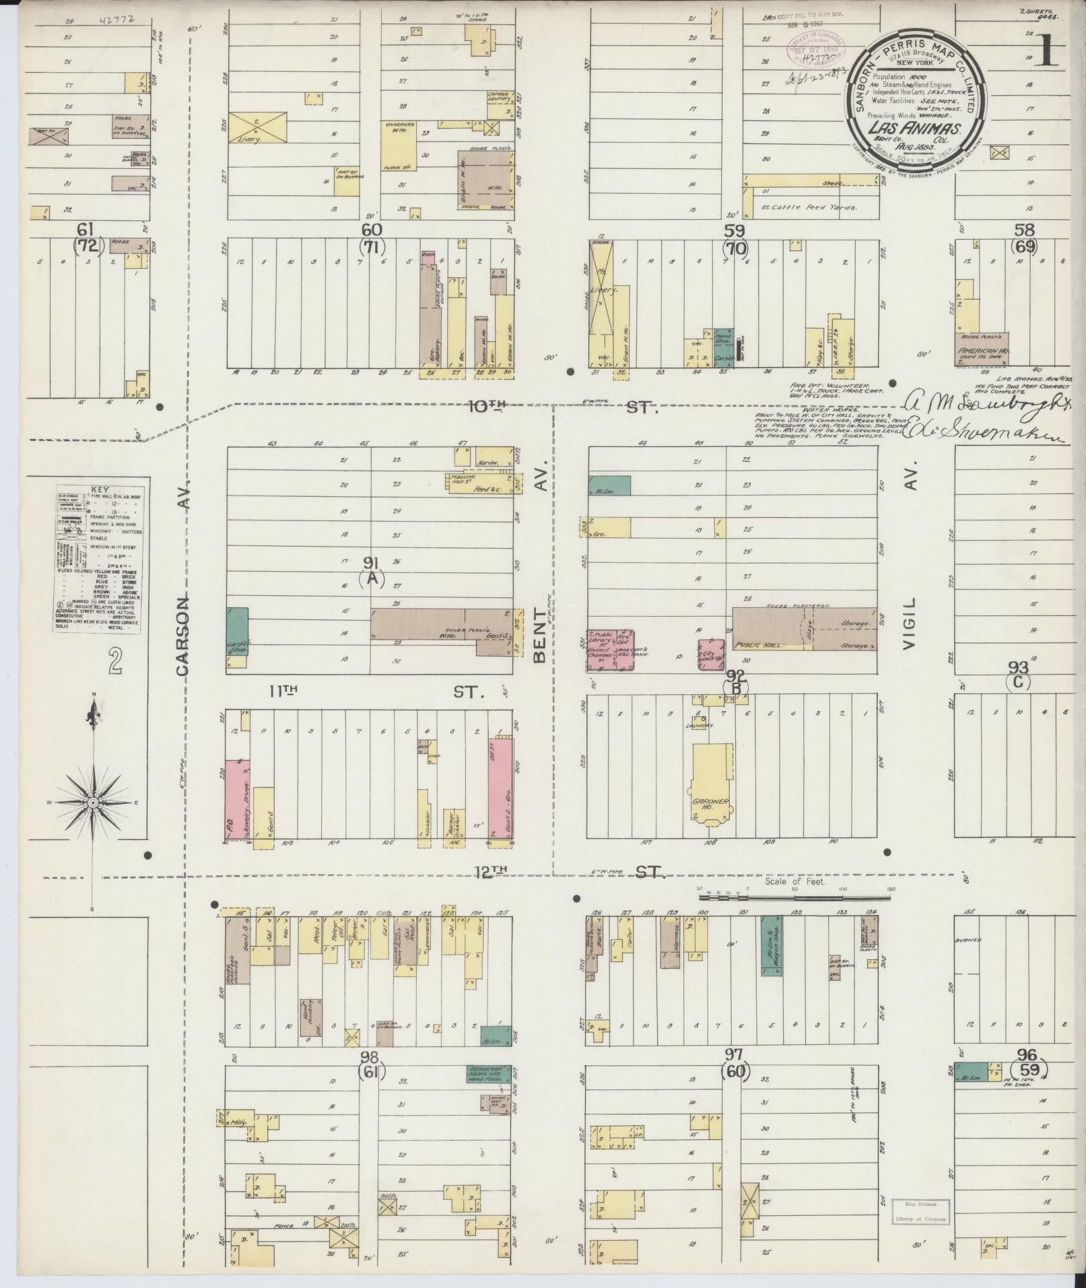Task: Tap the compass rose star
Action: click(x=93, y=803)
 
